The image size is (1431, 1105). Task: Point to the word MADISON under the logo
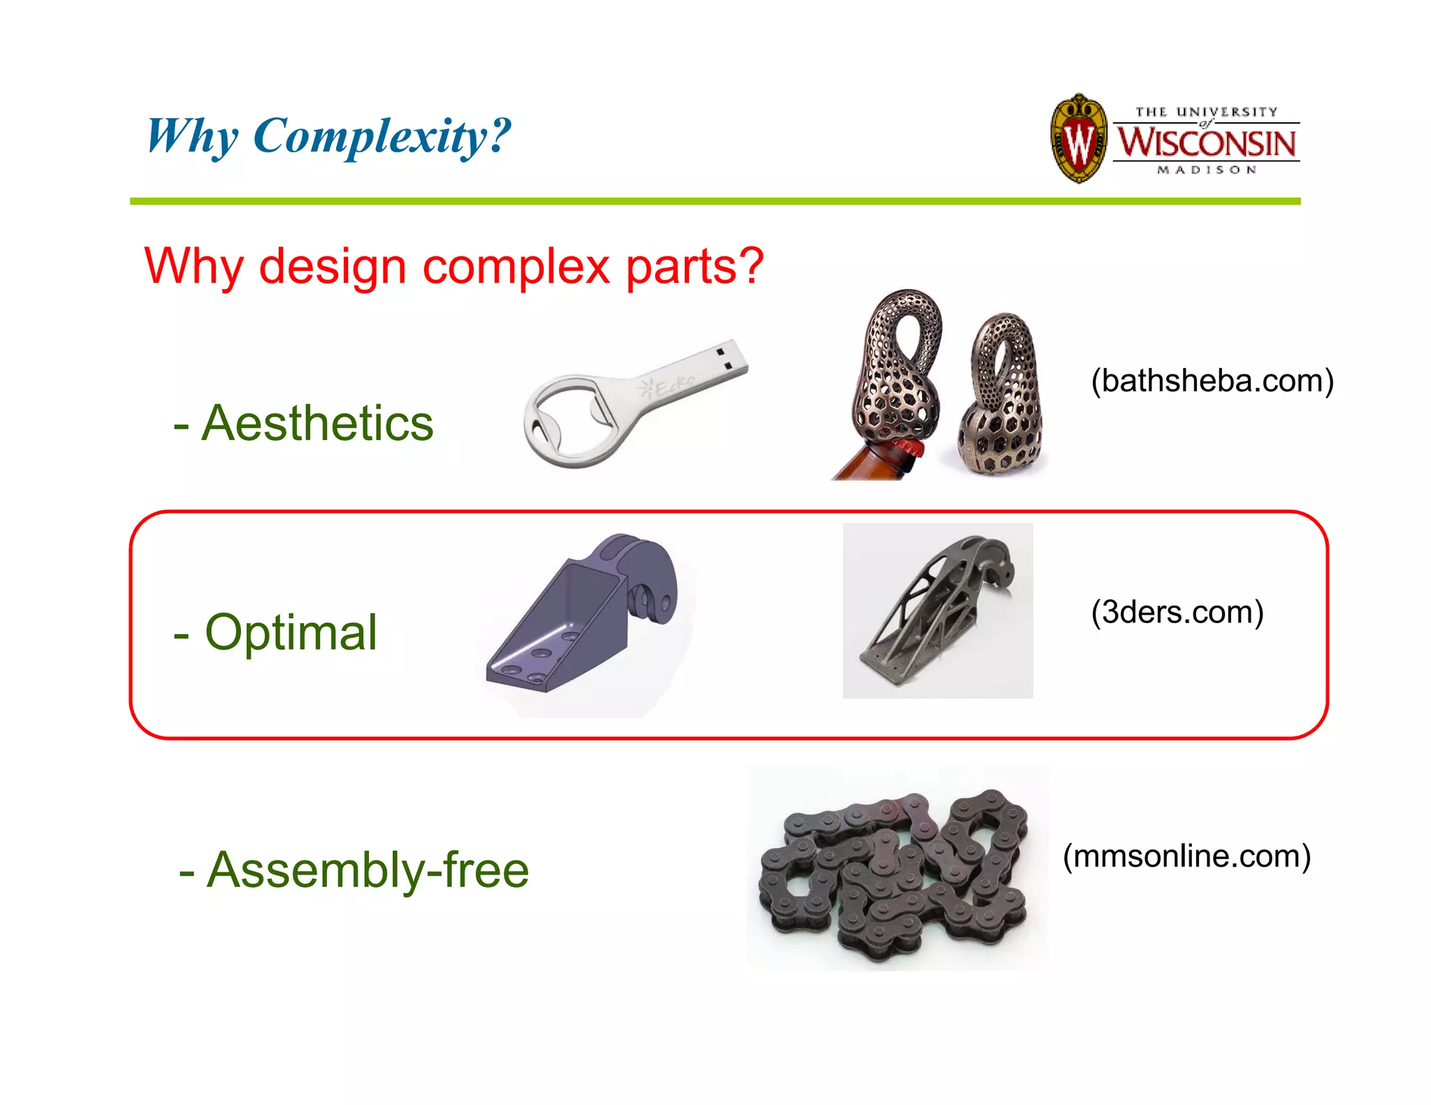coord(1207,170)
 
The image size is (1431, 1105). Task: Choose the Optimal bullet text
coord(290,633)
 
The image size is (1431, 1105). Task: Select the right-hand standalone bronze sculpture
coord(1003,395)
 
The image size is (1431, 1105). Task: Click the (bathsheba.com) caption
coord(1212,381)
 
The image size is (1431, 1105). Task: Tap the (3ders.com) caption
coord(1177,613)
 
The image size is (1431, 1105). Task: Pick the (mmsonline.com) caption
coord(1186,856)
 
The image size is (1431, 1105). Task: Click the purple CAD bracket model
coord(580,615)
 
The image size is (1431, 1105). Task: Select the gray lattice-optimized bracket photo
coord(938,610)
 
